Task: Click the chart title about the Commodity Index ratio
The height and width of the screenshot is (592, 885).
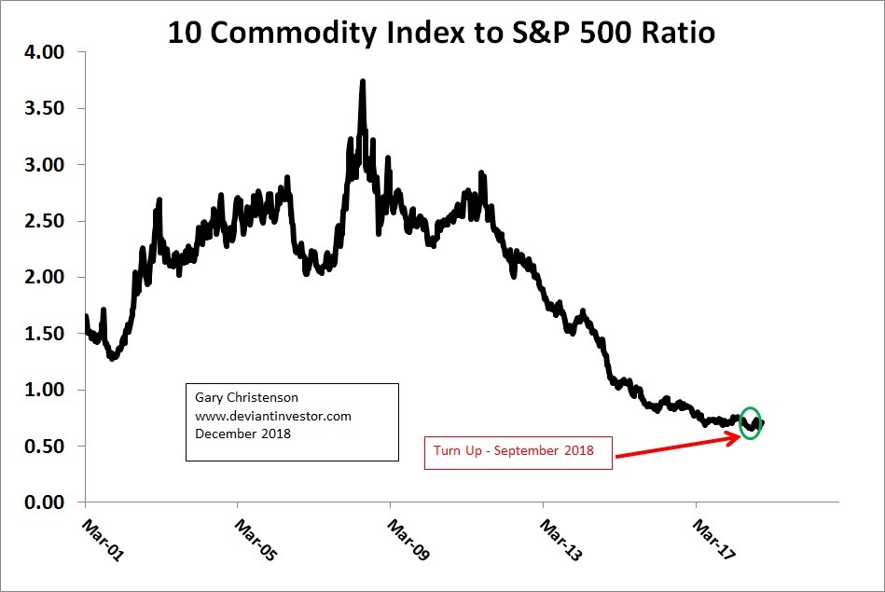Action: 441,34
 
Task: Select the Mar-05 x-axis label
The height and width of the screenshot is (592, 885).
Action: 255,539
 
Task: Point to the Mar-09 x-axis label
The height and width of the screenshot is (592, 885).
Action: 408,539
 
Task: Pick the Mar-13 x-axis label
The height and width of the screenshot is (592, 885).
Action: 560,539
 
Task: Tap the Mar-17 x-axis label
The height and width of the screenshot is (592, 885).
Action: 713,539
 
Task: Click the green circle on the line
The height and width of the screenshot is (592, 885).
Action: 750,423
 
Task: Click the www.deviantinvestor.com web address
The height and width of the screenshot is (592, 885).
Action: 273,417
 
